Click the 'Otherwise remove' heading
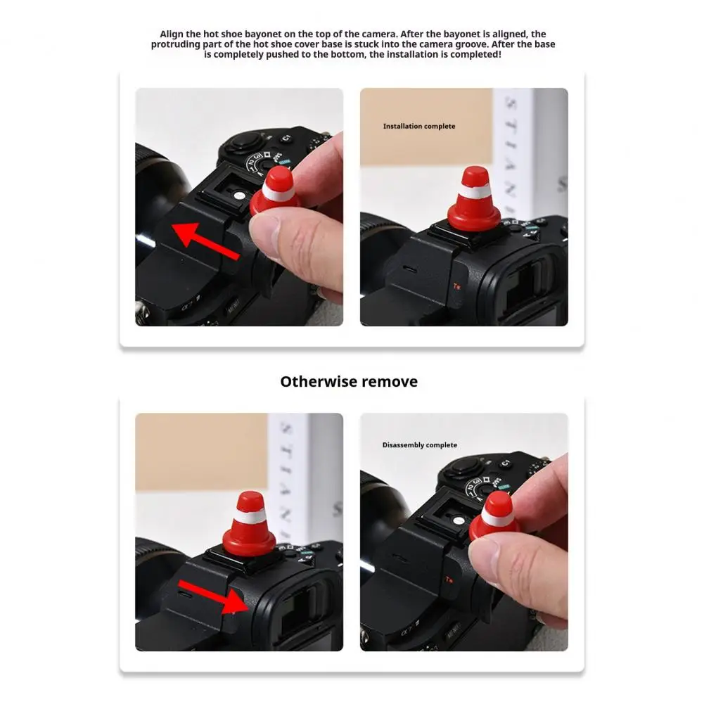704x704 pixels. pos(349,382)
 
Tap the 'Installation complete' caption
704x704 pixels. pos(418,127)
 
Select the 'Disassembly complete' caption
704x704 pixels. pos(419,445)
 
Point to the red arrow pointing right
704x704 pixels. pos(211,594)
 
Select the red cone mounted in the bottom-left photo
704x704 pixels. pos(249,525)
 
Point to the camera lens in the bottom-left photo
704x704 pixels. pos(151,563)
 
